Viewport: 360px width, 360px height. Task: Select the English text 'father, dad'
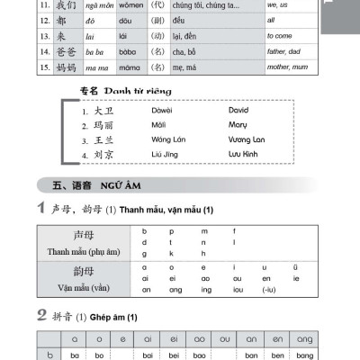[x=284, y=50]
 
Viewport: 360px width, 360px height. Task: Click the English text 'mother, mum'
[x=289, y=66]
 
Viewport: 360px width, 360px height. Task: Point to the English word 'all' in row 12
[x=271, y=20]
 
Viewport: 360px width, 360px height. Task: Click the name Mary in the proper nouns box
[x=237, y=125]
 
